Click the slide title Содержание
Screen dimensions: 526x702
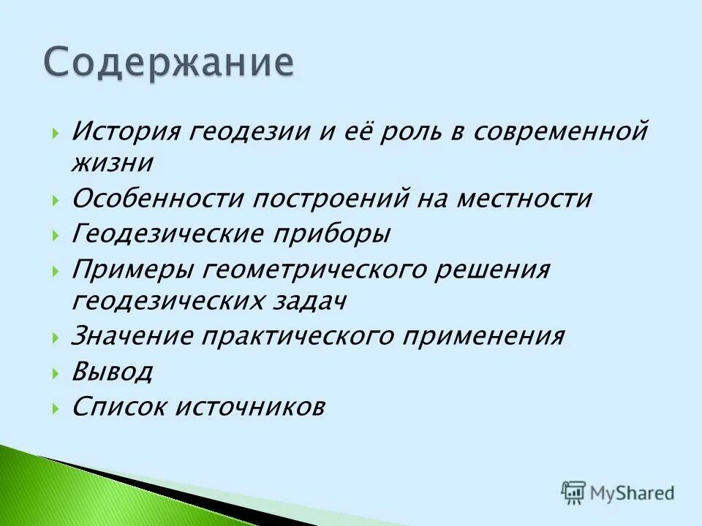tap(169, 63)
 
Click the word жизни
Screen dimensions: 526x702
tap(112, 162)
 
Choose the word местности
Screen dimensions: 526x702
tap(523, 199)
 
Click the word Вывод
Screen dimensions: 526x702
tap(112, 372)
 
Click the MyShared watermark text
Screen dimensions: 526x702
tap(633, 493)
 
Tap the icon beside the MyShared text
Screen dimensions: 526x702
tap(574, 492)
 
